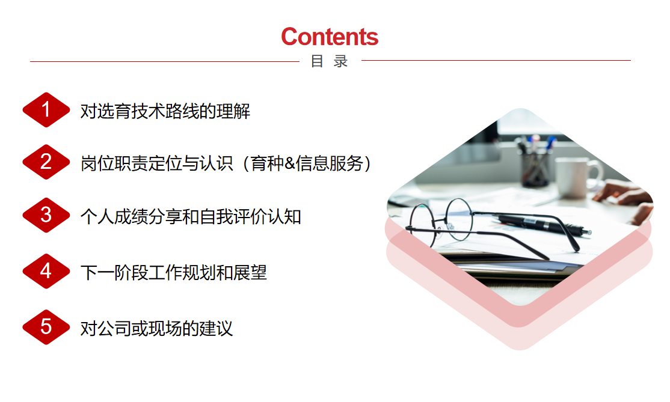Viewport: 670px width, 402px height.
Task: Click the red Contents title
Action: point(330,37)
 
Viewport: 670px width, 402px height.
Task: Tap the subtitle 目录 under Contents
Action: point(329,61)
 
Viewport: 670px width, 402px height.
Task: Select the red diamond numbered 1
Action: point(46,110)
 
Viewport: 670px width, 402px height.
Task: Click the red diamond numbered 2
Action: point(46,162)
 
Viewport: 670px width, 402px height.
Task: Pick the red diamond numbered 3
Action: point(46,215)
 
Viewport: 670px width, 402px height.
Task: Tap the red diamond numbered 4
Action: point(46,271)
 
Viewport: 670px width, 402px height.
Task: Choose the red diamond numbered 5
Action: point(46,327)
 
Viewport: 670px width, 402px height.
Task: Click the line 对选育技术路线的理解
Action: point(165,111)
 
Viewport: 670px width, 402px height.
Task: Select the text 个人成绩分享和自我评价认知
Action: point(191,217)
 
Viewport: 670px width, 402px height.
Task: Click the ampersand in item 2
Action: point(290,163)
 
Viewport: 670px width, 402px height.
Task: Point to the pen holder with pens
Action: point(535,162)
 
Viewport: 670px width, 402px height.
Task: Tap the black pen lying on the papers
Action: point(542,224)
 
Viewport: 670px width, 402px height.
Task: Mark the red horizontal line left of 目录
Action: point(165,61)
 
